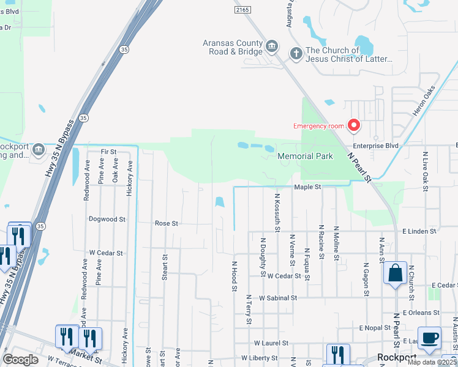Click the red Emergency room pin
point(353,125)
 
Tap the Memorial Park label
point(305,156)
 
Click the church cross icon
point(295,54)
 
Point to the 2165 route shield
point(242,10)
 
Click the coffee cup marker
point(429,338)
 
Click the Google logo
point(20,360)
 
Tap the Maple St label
point(307,187)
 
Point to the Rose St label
point(166,223)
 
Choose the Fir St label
point(108,151)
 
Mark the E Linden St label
point(419,231)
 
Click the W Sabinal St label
point(277,298)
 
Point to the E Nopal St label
point(375,328)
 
